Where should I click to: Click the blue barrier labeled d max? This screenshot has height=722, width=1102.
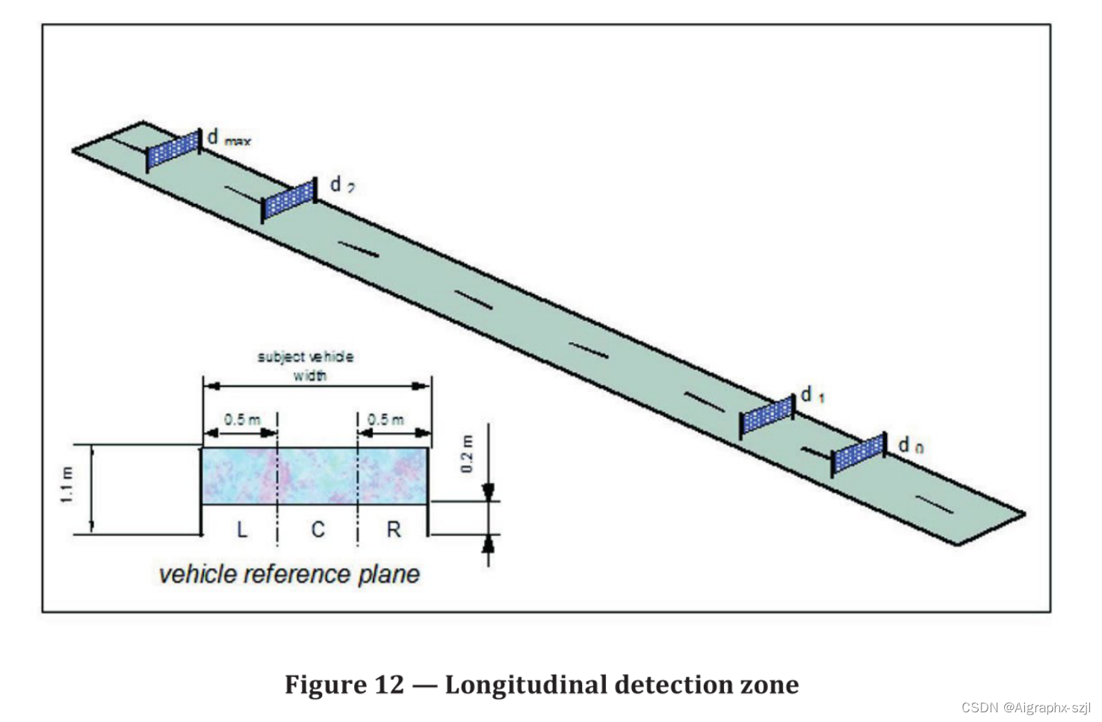(173, 150)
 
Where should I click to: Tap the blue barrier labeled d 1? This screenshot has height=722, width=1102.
(767, 415)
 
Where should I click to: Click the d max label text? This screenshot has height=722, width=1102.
(228, 138)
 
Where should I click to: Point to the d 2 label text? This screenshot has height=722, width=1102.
(341, 184)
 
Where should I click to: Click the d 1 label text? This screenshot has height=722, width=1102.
(812, 395)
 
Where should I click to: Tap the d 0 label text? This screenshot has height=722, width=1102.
(910, 446)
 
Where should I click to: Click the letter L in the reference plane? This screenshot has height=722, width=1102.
(241, 529)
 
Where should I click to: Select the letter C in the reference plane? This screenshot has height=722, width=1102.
(318, 529)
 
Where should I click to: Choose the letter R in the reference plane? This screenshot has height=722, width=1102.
(394, 529)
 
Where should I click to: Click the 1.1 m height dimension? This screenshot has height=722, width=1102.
(68, 485)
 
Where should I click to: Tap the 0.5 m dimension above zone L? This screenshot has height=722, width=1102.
(242, 420)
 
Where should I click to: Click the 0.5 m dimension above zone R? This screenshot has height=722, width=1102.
(386, 420)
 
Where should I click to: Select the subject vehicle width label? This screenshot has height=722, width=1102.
(306, 366)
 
